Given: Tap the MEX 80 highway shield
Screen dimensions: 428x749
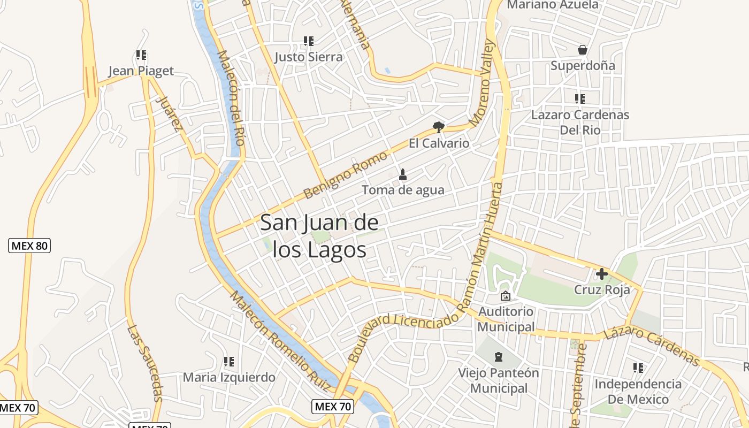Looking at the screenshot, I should (x=29, y=246).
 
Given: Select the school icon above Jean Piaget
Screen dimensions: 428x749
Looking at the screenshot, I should (x=141, y=55).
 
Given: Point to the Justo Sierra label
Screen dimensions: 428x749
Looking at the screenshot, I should (x=309, y=57).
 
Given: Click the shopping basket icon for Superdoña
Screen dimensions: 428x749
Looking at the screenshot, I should (x=583, y=50).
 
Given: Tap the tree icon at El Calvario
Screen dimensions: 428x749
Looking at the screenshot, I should (x=439, y=127).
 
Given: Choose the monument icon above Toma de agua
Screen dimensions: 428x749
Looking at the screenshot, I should (x=403, y=174).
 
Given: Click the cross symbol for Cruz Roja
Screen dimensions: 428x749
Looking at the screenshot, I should (x=602, y=274).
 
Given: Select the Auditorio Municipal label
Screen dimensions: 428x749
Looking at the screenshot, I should (x=506, y=319).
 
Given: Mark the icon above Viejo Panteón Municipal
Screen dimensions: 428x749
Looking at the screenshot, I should (x=499, y=356).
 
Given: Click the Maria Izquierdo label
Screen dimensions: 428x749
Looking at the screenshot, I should (x=229, y=377).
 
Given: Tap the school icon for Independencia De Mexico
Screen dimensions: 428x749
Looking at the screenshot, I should (x=638, y=368).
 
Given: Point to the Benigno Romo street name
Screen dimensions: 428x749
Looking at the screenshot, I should (x=345, y=175).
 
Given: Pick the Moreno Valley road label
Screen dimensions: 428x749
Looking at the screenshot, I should (x=484, y=83).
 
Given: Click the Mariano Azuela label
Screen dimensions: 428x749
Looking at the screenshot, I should (x=553, y=5).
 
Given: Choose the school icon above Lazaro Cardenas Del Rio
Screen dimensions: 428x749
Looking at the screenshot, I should (x=580, y=99).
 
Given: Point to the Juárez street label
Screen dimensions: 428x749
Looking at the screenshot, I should (x=170, y=113).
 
